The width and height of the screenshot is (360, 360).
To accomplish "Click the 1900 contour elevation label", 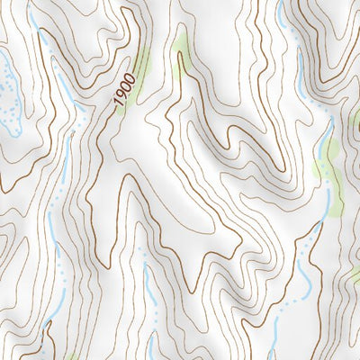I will (x=125, y=93).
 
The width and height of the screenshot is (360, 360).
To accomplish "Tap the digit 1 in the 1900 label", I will (x=119, y=106).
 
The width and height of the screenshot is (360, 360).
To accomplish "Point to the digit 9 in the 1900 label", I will (x=122, y=98).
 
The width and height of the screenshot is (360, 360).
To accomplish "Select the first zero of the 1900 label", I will (x=127, y=89).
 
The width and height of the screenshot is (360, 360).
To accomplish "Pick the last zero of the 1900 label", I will (x=131, y=80).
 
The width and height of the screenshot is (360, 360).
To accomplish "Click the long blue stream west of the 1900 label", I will (x=63, y=90).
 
